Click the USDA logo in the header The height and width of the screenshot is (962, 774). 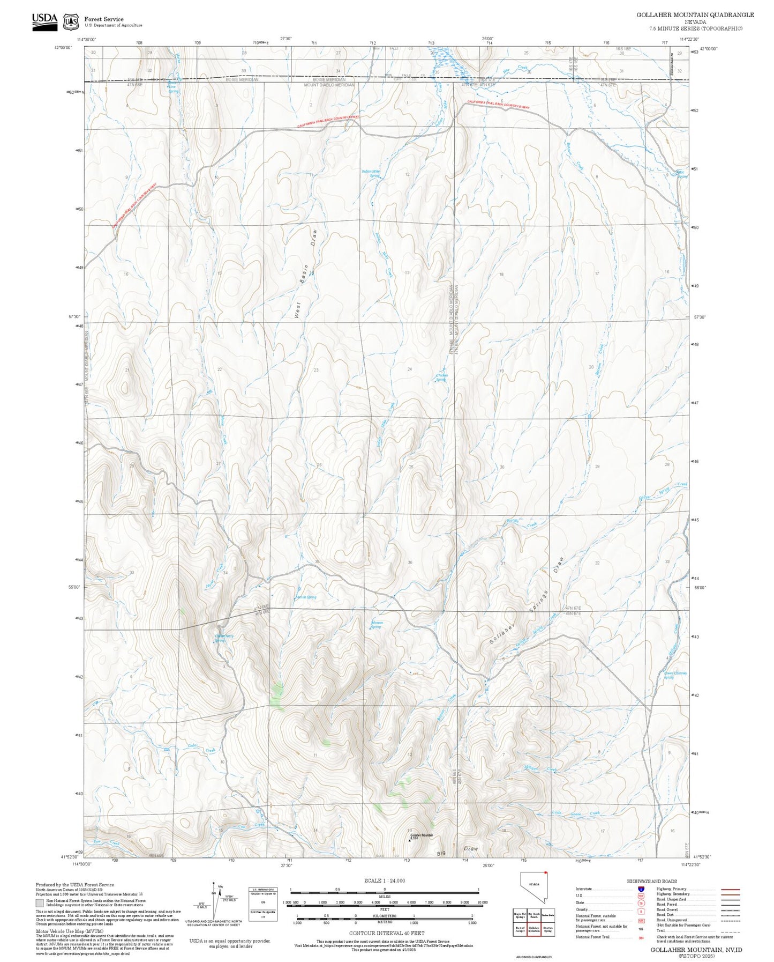[44, 21]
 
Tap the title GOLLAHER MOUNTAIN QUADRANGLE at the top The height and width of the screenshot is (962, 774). [695, 15]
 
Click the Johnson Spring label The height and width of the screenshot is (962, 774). [377, 625]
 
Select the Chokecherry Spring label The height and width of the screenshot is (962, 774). [224, 638]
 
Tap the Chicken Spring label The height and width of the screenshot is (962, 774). [441, 378]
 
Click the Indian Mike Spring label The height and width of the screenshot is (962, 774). [371, 174]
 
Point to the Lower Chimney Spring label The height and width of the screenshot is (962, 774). [675, 675]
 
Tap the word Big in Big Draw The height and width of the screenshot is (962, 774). [441, 853]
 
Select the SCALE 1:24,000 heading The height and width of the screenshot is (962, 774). [385, 880]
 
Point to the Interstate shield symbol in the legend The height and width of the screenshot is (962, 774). [641, 889]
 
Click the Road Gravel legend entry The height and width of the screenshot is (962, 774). [670, 910]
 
